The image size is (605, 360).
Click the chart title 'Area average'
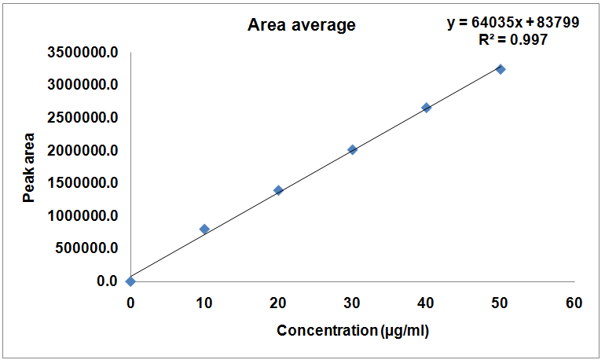coord(302,25)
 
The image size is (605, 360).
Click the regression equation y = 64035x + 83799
coord(514,23)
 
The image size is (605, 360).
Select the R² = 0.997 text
coord(513,39)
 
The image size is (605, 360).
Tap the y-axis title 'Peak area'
coord(29,167)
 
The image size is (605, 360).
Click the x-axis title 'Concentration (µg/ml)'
coord(353,331)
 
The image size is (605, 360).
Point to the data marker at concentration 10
coord(204,229)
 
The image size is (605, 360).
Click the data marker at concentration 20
coord(278,190)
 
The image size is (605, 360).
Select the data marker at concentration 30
coord(352,149)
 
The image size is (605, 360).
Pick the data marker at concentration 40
coord(427,108)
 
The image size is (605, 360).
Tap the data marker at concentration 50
coord(500,69)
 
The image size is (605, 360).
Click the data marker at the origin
coord(130,281)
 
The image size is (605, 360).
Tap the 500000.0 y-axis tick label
coord(89,248)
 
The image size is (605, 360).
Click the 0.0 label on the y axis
coord(108,281)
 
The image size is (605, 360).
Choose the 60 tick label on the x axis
coord(574,303)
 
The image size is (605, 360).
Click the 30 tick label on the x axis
coord(352,303)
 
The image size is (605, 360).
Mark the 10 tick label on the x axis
coord(204,303)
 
